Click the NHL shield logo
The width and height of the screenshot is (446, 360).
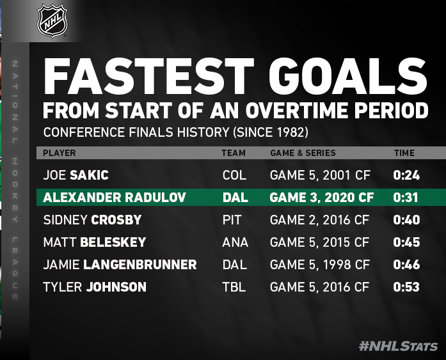click(52, 20)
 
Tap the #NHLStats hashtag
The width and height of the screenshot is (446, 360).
click(398, 347)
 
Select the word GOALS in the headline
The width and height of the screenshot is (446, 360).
click(347, 76)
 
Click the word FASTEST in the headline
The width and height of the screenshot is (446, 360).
click(148, 76)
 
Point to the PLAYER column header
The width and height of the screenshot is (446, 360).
click(59, 153)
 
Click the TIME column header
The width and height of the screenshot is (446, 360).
click(404, 153)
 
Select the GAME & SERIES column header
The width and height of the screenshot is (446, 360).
click(303, 153)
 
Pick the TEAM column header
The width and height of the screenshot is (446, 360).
click(234, 153)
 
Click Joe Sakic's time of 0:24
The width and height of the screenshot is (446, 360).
click(406, 175)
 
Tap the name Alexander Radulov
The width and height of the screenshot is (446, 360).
click(115, 198)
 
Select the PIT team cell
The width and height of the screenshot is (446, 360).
click(232, 220)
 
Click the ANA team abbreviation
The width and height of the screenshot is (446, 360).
click(235, 242)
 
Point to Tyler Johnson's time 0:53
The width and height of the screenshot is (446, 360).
click(406, 287)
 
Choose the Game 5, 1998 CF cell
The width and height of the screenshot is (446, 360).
click(320, 265)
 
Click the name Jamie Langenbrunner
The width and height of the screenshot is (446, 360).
click(120, 265)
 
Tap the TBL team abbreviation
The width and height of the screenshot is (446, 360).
click(234, 287)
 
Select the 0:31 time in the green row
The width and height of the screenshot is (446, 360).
click(406, 198)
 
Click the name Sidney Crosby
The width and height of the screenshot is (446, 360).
click(92, 220)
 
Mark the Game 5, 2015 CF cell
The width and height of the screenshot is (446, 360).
click(320, 242)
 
